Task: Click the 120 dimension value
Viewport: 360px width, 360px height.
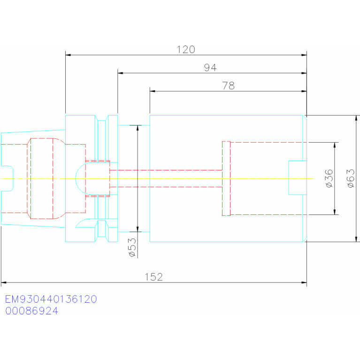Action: (186, 50)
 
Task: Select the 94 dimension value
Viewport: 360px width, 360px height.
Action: (210, 68)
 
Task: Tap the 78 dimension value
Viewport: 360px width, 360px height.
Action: (228, 85)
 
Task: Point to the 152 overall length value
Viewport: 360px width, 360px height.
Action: (153, 277)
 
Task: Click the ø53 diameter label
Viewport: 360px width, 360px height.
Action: (132, 247)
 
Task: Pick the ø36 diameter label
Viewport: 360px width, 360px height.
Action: (329, 178)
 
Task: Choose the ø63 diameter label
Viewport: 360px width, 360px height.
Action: (351, 178)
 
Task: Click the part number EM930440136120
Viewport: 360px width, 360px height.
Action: (51, 299)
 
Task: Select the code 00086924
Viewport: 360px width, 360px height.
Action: (32, 311)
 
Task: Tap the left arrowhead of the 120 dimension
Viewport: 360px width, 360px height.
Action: (68, 55)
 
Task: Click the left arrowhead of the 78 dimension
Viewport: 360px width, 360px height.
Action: (153, 91)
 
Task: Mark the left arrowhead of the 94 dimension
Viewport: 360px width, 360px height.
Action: (120, 73)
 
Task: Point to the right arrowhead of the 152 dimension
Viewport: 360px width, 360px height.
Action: (304, 283)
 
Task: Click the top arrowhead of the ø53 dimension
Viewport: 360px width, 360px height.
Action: (138, 128)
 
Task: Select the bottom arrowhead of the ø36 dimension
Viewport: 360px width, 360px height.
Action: (335, 212)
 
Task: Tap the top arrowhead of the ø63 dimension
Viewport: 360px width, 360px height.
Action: (356, 118)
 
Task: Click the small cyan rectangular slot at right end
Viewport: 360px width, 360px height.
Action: (298, 178)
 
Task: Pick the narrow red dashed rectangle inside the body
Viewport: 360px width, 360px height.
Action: (226, 179)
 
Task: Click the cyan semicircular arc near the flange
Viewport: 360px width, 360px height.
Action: (78, 179)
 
